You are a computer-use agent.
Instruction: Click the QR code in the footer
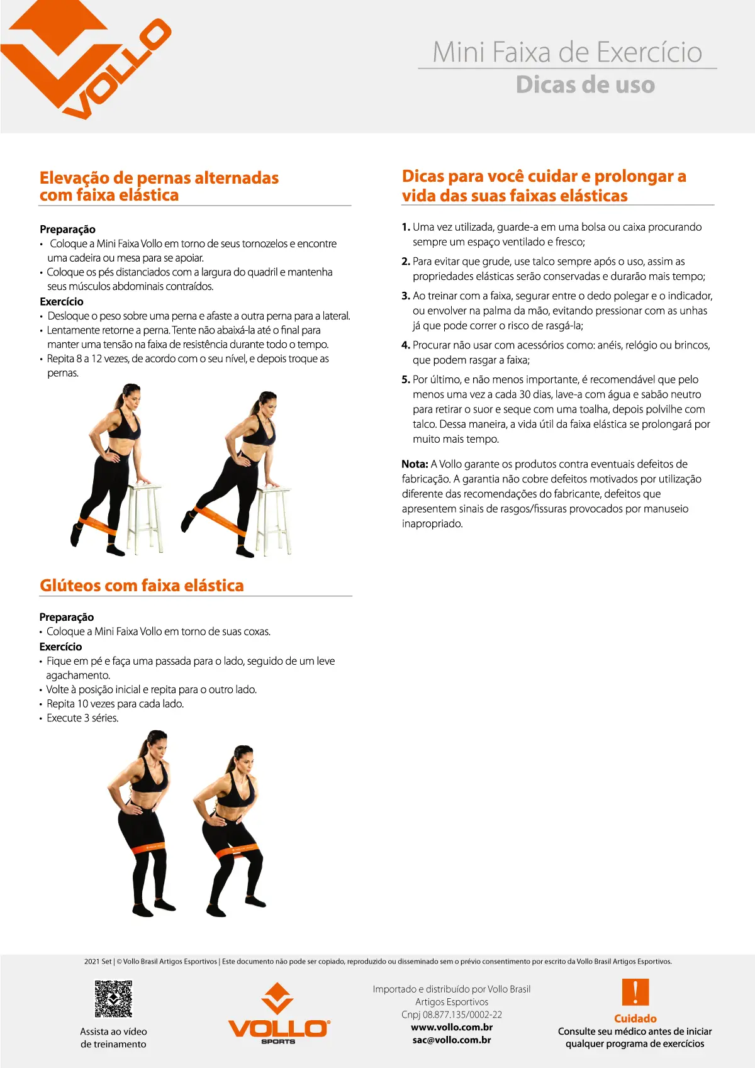(x=114, y=998)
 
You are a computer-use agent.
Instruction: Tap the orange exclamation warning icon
(x=635, y=993)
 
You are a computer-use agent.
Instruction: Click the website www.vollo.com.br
(x=452, y=1027)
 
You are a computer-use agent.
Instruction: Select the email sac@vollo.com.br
(x=452, y=1040)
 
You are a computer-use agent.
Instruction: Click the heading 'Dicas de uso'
(x=585, y=85)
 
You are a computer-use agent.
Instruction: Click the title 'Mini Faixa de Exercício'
(x=567, y=52)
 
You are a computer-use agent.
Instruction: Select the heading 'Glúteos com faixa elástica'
(x=142, y=586)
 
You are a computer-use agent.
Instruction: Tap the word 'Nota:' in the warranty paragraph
(x=415, y=464)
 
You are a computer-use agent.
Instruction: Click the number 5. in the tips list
(x=406, y=379)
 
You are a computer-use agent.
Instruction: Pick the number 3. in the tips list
(x=406, y=296)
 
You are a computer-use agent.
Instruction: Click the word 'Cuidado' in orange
(x=635, y=1018)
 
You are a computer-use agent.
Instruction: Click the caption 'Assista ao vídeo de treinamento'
(x=113, y=1038)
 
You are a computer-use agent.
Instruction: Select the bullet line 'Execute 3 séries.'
(x=82, y=718)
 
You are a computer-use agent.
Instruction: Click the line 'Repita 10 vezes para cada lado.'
(x=115, y=704)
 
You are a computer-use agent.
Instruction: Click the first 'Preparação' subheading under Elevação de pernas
(x=67, y=230)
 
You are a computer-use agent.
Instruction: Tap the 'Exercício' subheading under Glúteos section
(x=60, y=647)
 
